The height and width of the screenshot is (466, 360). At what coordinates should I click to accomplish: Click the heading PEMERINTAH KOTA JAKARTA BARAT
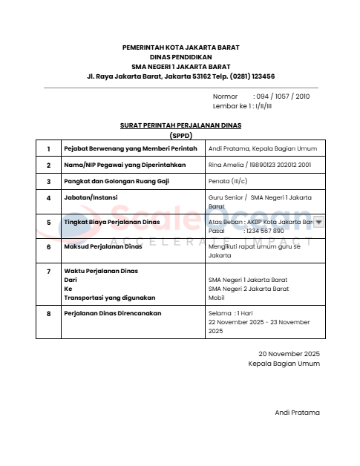tap(180, 47)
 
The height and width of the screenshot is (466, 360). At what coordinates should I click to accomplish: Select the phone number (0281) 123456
tap(249, 76)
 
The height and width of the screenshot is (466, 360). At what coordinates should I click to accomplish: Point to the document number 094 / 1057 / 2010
tap(281, 96)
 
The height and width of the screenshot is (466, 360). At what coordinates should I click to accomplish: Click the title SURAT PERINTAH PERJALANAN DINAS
tap(180, 126)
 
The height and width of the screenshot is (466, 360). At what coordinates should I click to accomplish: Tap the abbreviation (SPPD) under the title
tap(180, 136)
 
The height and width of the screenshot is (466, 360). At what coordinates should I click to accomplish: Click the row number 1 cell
tap(48, 148)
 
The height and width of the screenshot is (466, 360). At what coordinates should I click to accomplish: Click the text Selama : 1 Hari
tap(232, 313)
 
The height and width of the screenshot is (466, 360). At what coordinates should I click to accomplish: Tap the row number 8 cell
tap(48, 313)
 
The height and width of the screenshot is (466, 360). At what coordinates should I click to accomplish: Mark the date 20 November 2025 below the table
tap(289, 354)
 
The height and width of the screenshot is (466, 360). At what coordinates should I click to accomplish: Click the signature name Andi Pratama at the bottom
tap(297, 412)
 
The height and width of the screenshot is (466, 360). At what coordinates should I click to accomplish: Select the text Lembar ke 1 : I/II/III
tap(243, 106)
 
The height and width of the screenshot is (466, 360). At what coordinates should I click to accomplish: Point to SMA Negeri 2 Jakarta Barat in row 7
tap(248, 288)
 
